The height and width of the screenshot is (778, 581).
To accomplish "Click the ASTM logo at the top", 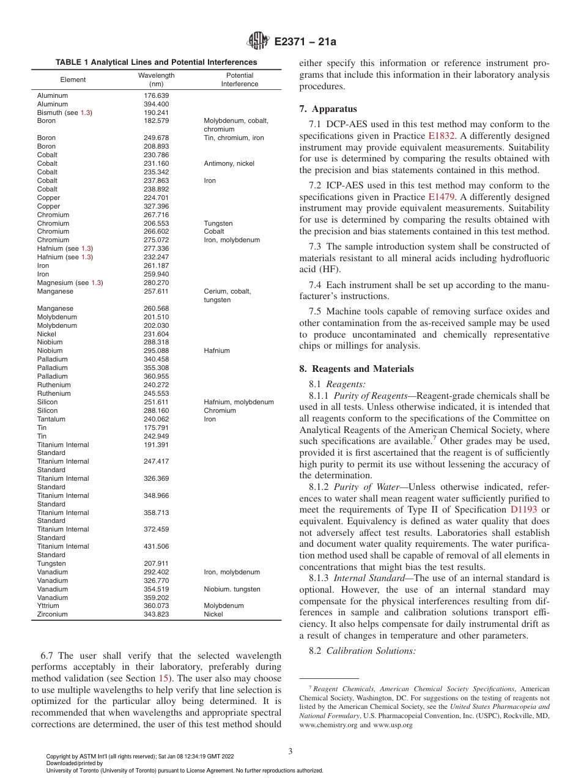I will [257, 42].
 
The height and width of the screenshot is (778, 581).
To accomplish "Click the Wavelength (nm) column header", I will [156, 80].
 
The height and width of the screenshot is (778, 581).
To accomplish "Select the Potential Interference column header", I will [239, 80].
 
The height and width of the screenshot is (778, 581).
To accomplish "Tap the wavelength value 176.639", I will [156, 95].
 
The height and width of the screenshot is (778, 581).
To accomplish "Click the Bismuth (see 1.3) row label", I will [64, 113].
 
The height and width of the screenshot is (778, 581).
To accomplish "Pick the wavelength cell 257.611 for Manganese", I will [156, 292].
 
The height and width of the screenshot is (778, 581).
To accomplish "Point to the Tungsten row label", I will [51, 563].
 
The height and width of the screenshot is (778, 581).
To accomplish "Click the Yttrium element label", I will [48, 606].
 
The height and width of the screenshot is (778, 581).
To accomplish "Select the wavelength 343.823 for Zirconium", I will [156, 614].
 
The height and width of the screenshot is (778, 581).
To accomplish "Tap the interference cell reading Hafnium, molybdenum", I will [239, 402].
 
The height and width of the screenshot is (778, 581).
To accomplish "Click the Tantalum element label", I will [51, 419].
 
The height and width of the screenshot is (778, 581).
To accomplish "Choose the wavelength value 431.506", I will [156, 546].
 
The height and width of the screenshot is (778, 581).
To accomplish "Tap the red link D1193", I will [522, 509].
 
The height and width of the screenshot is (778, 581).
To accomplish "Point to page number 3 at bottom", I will [290, 752].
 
